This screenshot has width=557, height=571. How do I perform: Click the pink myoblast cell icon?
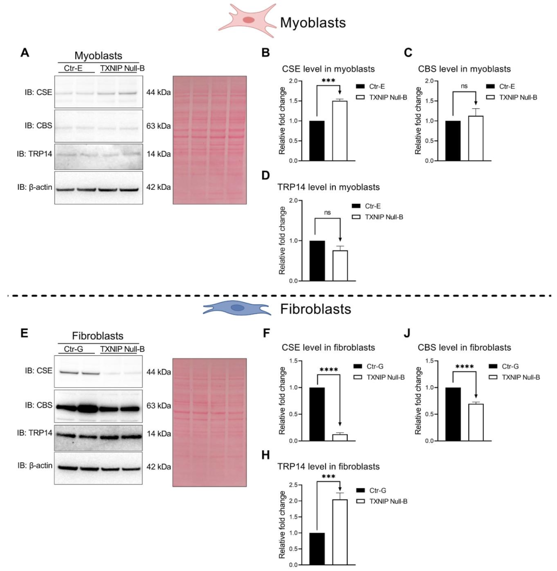pos(249,20)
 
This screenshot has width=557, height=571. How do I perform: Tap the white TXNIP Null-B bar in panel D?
pos(339,265)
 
